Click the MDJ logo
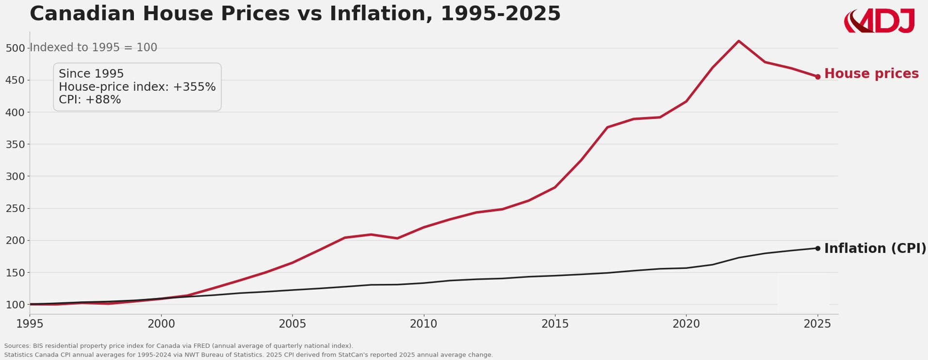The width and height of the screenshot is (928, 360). click(x=879, y=21)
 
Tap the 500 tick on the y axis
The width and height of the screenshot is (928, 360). click(x=15, y=48)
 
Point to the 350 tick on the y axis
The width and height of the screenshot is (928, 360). click(x=15, y=145)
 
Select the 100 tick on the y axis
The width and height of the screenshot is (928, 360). click(x=15, y=305)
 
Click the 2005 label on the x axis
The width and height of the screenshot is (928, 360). click(x=292, y=324)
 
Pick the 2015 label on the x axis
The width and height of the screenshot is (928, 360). click(x=554, y=324)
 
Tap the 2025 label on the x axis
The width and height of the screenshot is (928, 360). click(x=817, y=324)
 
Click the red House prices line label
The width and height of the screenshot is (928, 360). click(x=871, y=74)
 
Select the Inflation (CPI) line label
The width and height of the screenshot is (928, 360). click(x=875, y=248)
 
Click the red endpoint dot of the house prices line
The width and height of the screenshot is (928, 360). click(x=817, y=77)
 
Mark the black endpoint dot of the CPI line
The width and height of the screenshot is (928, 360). click(x=817, y=248)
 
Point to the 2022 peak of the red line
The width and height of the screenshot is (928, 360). click(x=738, y=41)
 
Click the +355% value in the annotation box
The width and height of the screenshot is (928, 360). click(x=194, y=87)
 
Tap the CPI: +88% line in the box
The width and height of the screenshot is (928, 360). click(x=90, y=100)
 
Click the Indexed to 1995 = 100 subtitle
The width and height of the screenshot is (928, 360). click(x=94, y=48)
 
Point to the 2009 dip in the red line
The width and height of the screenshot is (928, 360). click(x=397, y=238)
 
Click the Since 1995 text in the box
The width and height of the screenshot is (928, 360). click(x=91, y=74)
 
